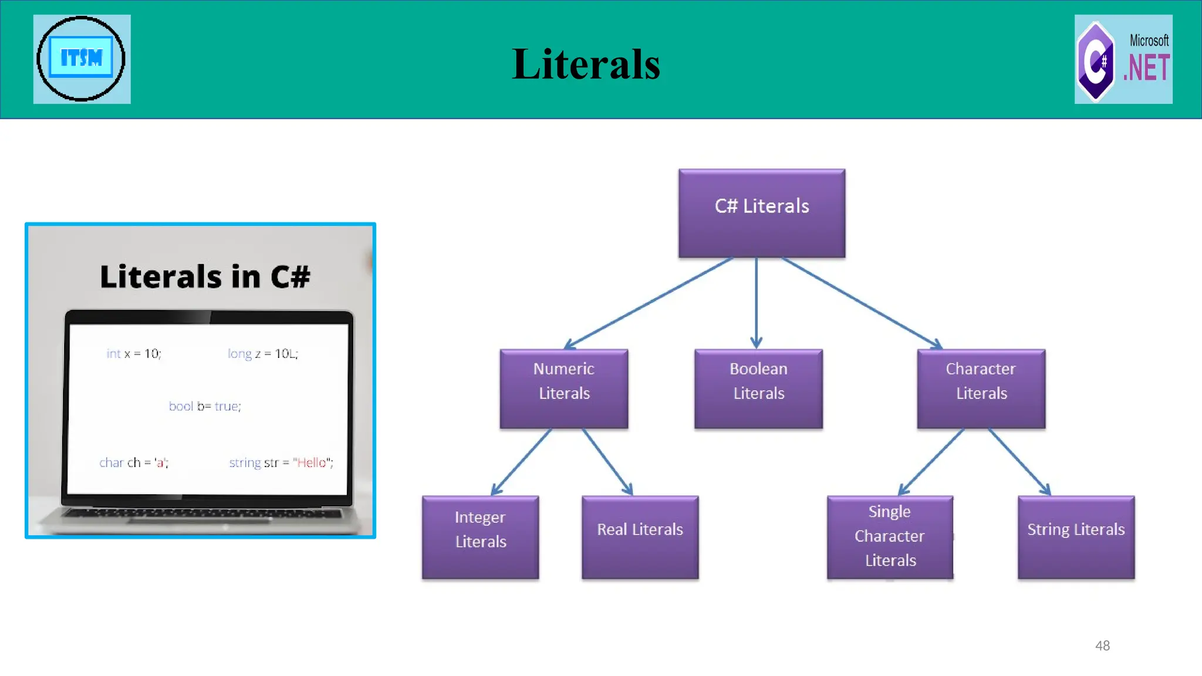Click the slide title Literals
(x=586, y=64)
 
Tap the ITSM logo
(x=82, y=59)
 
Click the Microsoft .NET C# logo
(x=1123, y=59)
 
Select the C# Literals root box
(x=762, y=213)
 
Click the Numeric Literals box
(x=564, y=388)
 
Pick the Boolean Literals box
(x=758, y=388)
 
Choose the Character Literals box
(x=981, y=388)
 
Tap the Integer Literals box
(x=480, y=537)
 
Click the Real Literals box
(x=640, y=537)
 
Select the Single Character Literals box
(x=890, y=537)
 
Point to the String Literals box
(x=1076, y=537)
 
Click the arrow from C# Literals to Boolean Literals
(x=756, y=302)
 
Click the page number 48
(x=1102, y=645)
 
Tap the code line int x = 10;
(x=134, y=353)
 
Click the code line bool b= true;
(x=205, y=406)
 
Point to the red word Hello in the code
(x=311, y=462)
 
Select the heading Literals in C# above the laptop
(x=205, y=276)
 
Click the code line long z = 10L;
(x=263, y=353)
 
